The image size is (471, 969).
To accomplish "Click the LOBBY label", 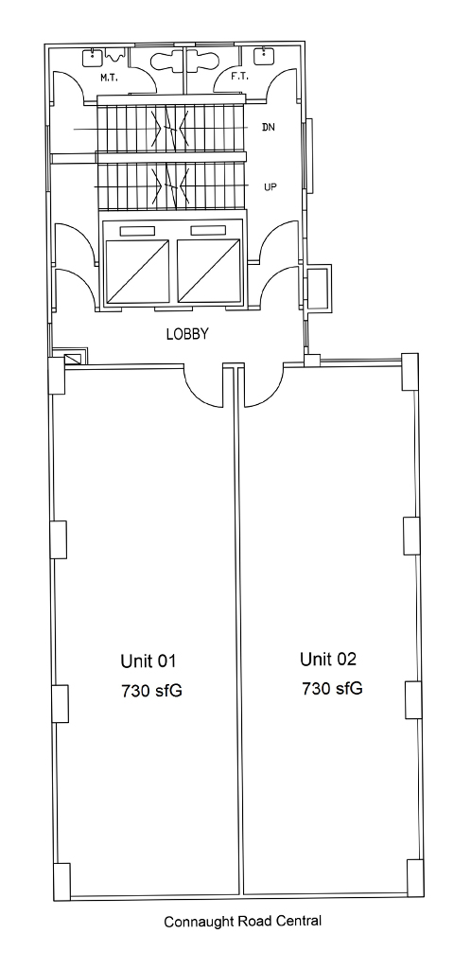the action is click(187, 334).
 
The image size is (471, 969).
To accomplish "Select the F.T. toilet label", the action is click(239, 77).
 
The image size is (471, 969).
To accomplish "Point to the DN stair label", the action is click(269, 128).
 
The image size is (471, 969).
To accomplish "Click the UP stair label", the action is click(270, 186).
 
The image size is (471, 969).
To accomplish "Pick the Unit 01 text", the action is click(148, 661).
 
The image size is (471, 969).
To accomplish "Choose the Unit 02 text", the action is click(328, 659).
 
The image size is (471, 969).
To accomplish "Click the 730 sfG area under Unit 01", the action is click(152, 691).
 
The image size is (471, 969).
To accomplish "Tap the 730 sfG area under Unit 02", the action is click(332, 689).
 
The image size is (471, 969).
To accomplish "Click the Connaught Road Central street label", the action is click(243, 922).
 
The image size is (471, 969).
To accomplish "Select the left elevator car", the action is click(138, 271).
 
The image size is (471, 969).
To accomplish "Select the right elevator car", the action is click(208, 271).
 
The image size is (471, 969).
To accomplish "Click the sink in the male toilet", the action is click(92, 57).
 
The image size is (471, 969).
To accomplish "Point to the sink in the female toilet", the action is click(264, 56).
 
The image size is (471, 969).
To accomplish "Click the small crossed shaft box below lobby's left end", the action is click(73, 359).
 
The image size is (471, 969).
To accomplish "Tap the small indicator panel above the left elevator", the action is click(137, 231).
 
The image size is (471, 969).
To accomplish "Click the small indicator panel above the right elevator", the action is click(208, 231).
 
